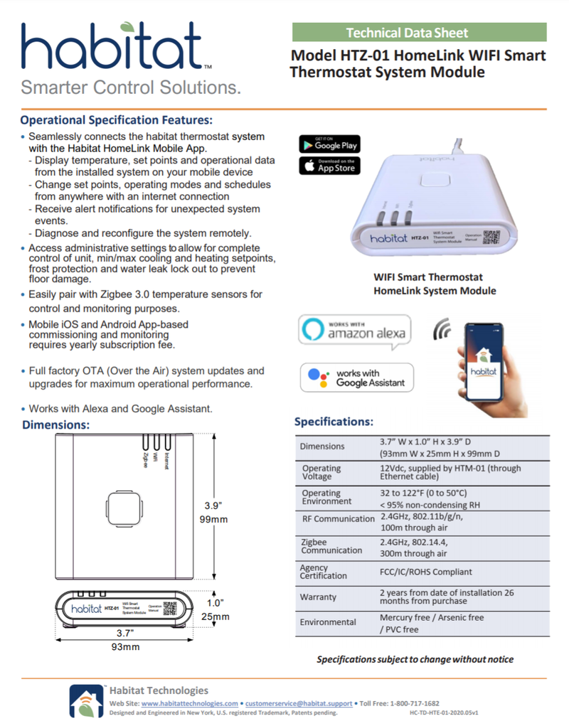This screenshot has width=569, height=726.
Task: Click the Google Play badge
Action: click(329, 144)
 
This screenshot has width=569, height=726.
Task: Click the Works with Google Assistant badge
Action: click(356, 378)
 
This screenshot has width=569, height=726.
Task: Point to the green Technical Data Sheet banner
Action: click(419, 32)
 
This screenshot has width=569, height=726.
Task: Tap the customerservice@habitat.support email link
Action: click(298, 703)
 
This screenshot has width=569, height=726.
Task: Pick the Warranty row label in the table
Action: click(318, 597)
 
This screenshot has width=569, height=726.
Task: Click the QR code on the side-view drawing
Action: click(169, 609)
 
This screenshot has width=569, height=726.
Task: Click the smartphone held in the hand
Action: click(483, 361)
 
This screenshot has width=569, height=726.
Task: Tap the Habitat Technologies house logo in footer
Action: click(86, 700)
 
